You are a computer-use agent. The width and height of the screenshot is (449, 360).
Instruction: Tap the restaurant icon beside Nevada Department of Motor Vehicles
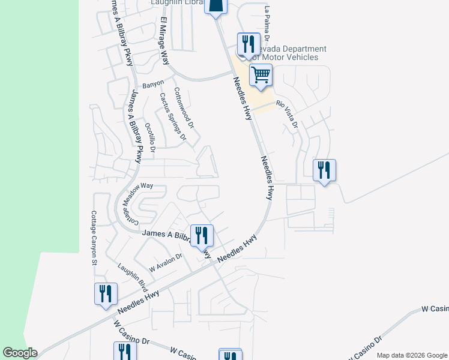[246, 44]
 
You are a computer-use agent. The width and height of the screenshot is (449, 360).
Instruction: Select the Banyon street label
[152, 83]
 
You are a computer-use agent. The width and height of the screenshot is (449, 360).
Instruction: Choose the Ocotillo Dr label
[150, 137]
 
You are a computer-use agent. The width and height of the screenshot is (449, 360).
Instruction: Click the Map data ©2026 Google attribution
[411, 355]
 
